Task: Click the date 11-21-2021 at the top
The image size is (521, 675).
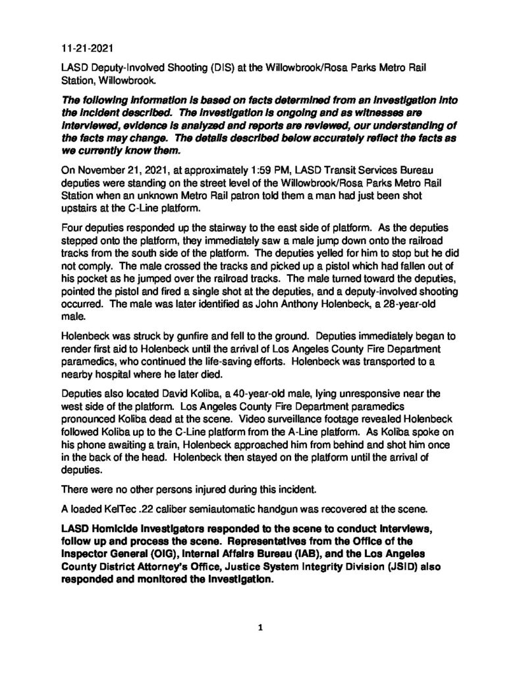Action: point(83,48)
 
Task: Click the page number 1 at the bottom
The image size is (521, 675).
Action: point(260,628)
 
